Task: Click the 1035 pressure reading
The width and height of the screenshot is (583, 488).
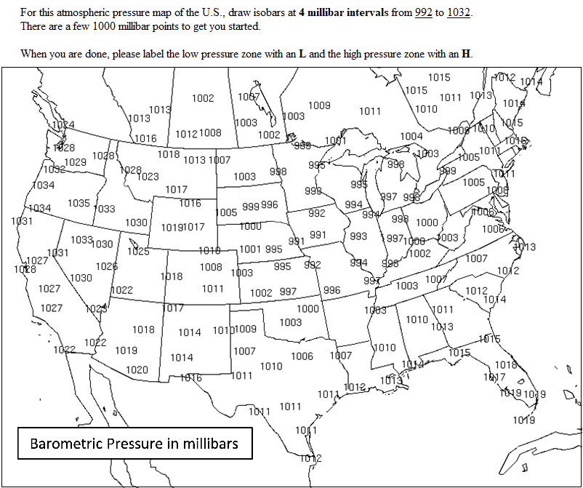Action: [x=79, y=203]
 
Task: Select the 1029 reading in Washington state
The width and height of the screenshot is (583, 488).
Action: [x=76, y=161]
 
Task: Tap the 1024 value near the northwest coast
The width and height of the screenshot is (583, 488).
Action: [x=63, y=124]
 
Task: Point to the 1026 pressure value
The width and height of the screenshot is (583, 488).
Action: [x=106, y=266]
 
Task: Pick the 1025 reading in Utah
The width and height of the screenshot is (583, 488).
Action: [x=138, y=252]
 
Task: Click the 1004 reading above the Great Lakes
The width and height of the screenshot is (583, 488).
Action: [x=411, y=136]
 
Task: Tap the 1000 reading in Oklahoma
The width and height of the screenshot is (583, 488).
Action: [x=307, y=308]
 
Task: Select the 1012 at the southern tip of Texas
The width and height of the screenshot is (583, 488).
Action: [x=310, y=457]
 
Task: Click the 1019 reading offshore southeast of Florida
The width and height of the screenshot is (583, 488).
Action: [x=523, y=420]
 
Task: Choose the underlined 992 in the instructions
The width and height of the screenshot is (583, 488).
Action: [x=424, y=13]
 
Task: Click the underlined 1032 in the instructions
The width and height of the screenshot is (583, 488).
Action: [x=457, y=13]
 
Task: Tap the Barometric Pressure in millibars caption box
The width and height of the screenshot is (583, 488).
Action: [x=134, y=443]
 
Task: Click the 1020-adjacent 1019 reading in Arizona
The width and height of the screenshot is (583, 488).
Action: [x=126, y=351]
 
